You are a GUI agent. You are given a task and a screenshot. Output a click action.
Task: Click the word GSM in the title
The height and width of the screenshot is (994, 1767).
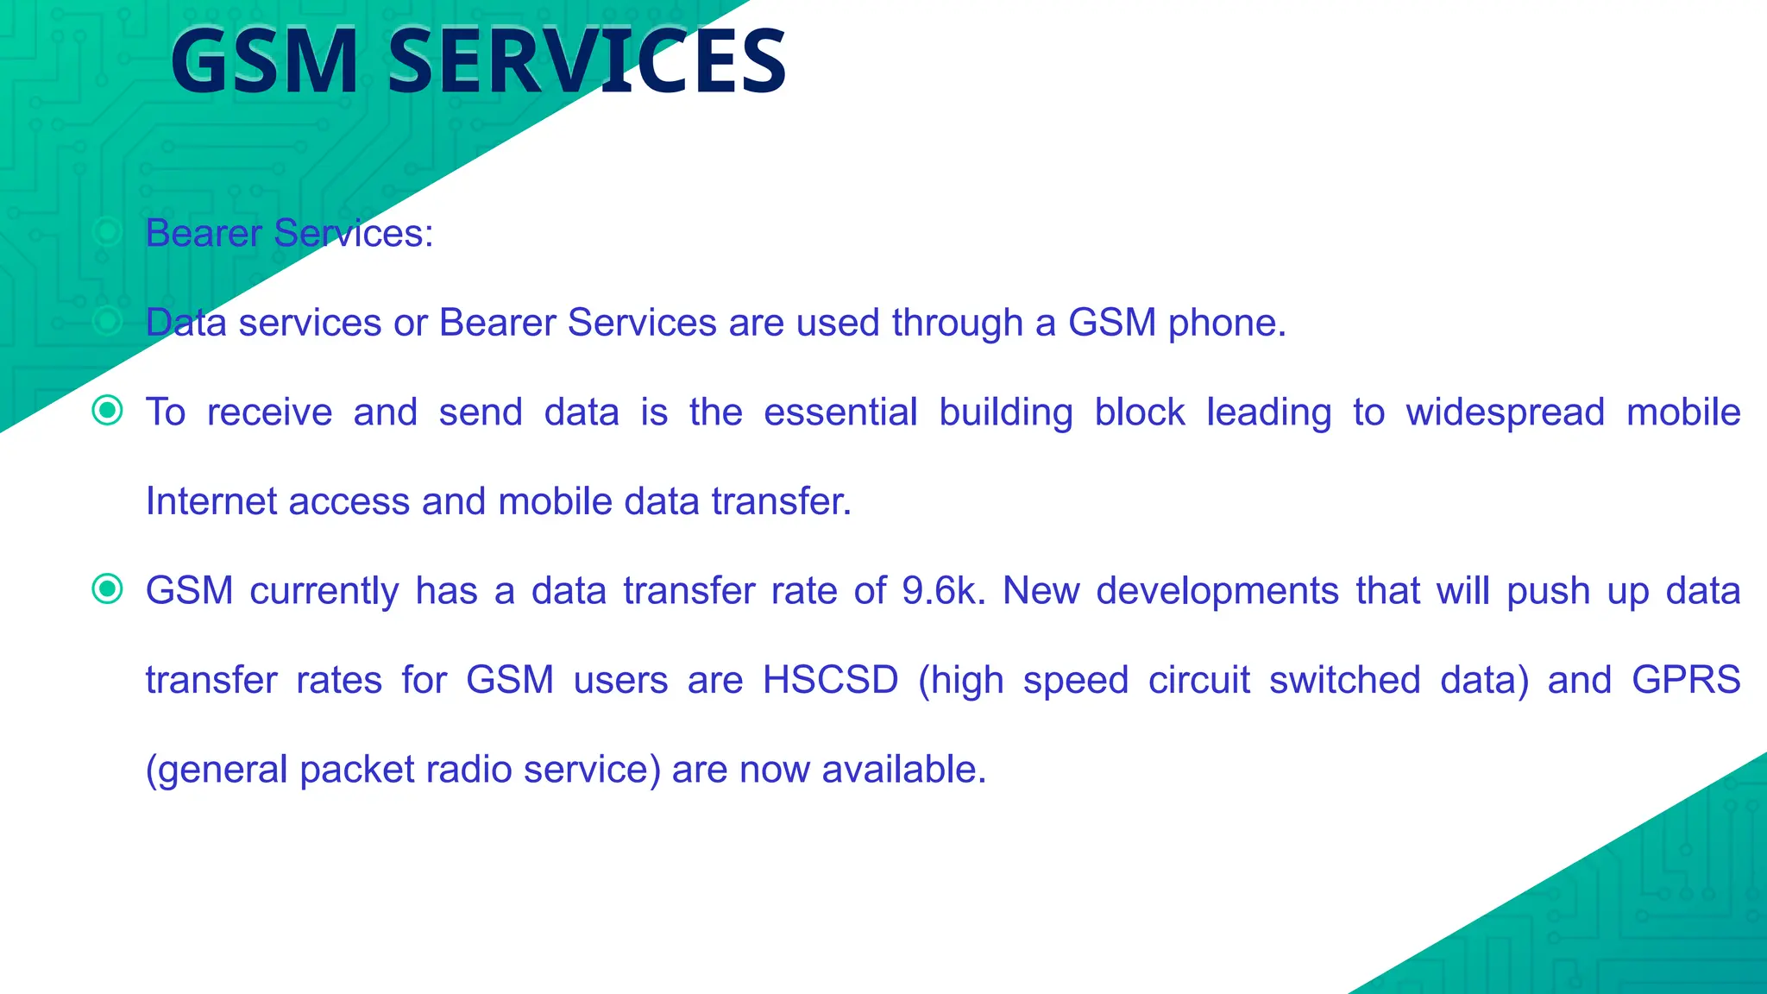(264, 62)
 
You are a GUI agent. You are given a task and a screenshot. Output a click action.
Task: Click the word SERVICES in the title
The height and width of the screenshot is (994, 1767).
(587, 62)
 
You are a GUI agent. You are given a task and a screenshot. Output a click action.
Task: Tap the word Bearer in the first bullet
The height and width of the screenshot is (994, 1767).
(204, 233)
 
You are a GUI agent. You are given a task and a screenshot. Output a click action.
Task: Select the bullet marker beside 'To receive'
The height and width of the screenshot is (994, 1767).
(107, 410)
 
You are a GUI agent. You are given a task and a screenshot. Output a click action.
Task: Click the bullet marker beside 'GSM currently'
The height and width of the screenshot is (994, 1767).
(107, 589)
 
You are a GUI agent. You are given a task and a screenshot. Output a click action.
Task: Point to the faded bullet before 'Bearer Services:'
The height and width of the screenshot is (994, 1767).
(107, 231)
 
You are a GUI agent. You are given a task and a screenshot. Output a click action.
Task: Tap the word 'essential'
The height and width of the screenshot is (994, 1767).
(840, 412)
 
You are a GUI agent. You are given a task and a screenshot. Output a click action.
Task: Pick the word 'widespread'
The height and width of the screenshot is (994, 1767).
(1505, 412)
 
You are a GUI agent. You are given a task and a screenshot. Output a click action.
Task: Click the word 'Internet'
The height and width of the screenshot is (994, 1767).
(211, 501)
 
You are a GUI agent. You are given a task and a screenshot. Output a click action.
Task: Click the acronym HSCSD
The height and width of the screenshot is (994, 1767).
(830, 680)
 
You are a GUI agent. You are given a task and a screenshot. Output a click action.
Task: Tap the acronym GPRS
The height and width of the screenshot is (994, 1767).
(1686, 680)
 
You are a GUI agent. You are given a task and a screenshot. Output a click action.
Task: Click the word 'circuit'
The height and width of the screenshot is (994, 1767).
(1198, 680)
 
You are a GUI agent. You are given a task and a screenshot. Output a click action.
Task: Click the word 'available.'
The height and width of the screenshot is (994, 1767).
(903, 770)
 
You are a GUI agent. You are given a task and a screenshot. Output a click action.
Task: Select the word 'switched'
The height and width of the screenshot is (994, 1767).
(1344, 680)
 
